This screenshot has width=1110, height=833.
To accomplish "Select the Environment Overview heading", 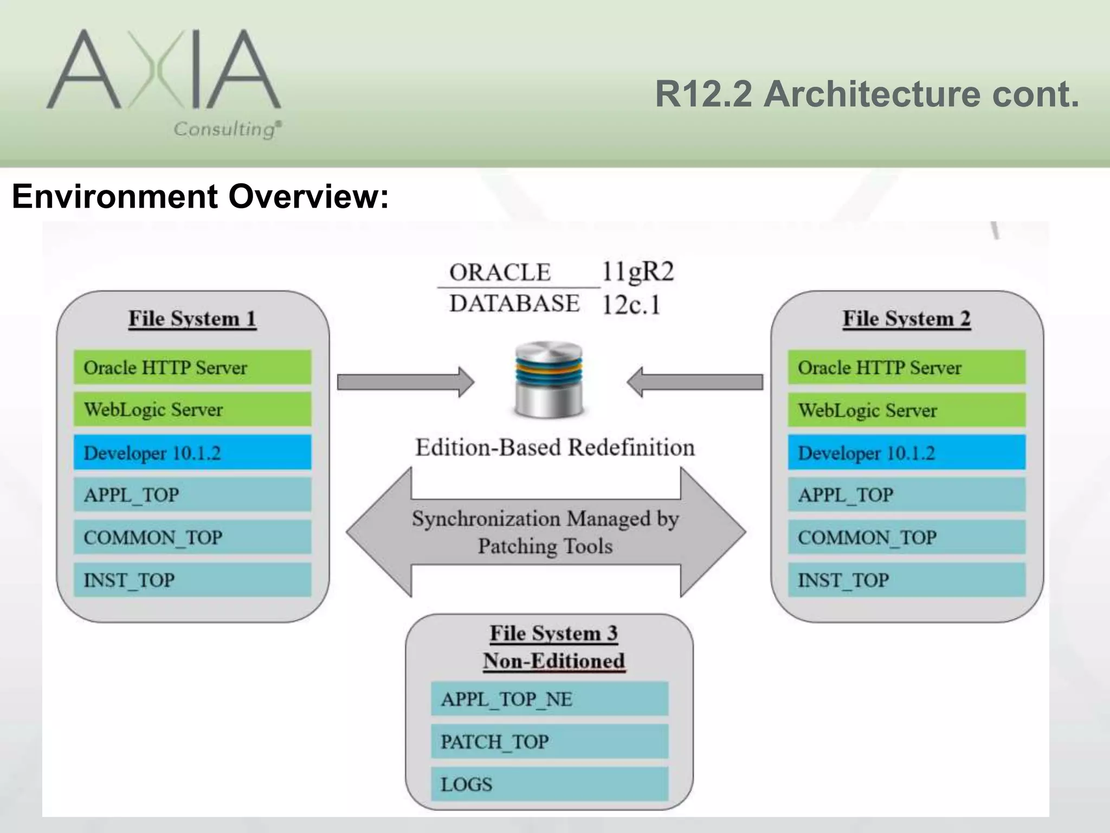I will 200,196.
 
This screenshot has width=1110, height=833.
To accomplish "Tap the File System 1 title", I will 192,319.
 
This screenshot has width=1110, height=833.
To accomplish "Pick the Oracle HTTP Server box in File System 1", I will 192,368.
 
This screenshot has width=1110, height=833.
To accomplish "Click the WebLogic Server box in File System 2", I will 906,410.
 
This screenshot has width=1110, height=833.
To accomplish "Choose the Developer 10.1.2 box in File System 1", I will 192,452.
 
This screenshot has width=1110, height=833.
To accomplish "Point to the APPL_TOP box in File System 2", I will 906,495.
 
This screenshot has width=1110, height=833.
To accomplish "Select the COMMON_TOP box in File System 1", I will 192,537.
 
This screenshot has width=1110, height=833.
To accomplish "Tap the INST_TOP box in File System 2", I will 906,580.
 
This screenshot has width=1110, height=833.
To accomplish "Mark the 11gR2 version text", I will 637,271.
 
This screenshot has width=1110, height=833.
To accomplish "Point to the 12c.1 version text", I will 631,305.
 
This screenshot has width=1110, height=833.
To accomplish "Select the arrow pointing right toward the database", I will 405,382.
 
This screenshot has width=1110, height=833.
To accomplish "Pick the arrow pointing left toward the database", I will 695,382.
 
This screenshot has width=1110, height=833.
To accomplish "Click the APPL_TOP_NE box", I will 550,699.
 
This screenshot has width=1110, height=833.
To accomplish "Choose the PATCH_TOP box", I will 550,741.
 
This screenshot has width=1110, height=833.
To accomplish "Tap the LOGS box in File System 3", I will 550,784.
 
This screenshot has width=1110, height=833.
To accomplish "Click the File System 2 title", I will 906,319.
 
